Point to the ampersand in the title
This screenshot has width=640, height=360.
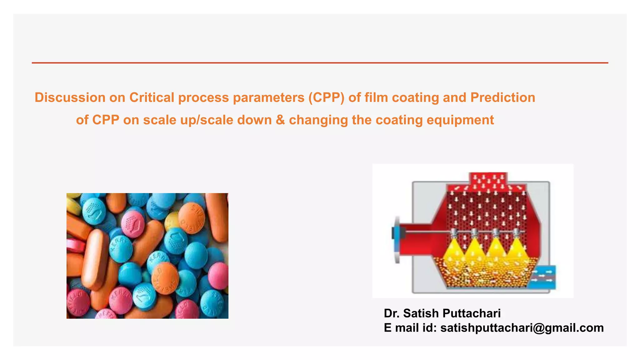point(280,120)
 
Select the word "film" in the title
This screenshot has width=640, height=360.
point(376,97)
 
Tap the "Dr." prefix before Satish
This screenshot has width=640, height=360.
point(392,313)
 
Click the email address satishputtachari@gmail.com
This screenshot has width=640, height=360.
point(522,328)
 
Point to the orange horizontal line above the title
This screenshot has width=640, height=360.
point(320,63)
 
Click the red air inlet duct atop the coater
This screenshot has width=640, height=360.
point(488,180)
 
